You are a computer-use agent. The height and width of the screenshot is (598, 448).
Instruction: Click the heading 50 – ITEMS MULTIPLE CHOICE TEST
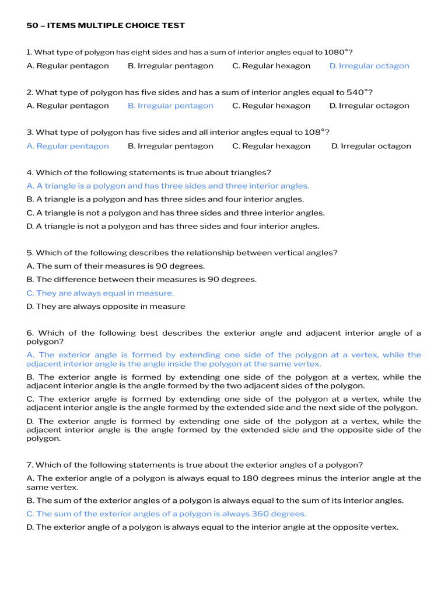tap(106, 25)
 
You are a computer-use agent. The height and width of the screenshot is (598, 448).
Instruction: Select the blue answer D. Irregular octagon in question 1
tap(369, 66)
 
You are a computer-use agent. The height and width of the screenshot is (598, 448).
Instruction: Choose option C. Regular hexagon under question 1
tap(271, 66)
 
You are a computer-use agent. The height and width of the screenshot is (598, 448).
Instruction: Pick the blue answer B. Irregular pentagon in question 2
tap(170, 106)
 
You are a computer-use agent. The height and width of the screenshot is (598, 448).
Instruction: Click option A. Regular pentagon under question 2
tap(68, 106)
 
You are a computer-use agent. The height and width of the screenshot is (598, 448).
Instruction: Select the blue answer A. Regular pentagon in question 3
tap(68, 146)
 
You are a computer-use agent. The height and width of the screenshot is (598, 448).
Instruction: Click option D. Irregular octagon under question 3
tap(371, 146)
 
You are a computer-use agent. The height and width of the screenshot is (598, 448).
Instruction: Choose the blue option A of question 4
tap(168, 186)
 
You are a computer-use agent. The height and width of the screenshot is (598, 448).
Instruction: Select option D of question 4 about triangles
tap(173, 226)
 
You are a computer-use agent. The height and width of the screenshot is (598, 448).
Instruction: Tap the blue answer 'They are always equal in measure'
tap(100, 293)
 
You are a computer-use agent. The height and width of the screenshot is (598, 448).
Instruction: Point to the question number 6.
tap(29, 333)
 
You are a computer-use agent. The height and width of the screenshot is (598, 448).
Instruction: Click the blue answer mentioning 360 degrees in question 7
tap(166, 514)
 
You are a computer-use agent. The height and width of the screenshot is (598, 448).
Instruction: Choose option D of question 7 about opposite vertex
tap(212, 527)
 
